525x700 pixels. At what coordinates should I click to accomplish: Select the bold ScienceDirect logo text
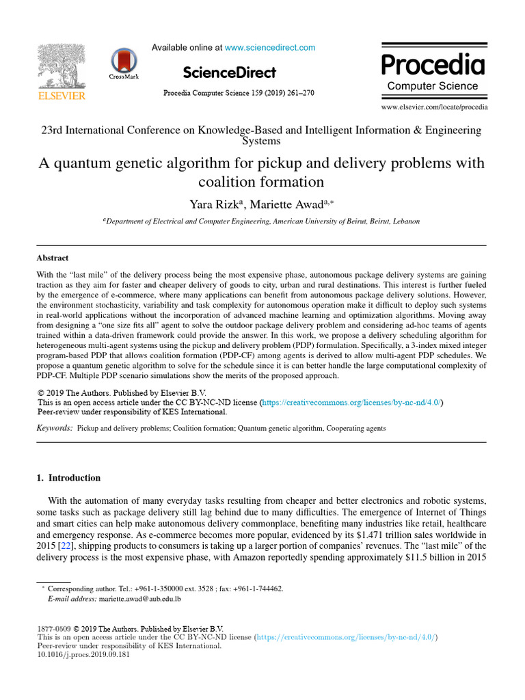230,72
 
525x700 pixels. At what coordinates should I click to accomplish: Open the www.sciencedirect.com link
270,47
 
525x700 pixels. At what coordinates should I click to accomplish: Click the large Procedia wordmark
433,65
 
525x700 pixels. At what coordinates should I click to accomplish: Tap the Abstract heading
53,258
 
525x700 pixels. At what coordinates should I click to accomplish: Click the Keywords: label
55,428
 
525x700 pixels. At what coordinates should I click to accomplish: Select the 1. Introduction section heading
68,478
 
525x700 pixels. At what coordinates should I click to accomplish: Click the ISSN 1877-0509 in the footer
53,629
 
